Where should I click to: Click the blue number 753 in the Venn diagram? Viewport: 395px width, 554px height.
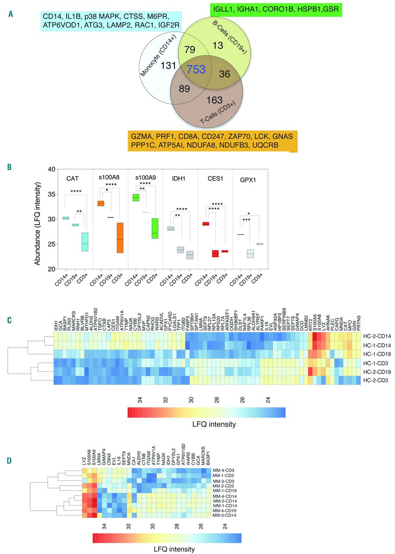196,68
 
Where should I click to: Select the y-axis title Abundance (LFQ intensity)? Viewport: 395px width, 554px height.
38,219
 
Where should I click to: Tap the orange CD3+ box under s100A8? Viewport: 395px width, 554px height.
120,238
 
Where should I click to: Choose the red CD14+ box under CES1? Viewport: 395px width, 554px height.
206,224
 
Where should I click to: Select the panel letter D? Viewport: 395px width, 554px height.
10,449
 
